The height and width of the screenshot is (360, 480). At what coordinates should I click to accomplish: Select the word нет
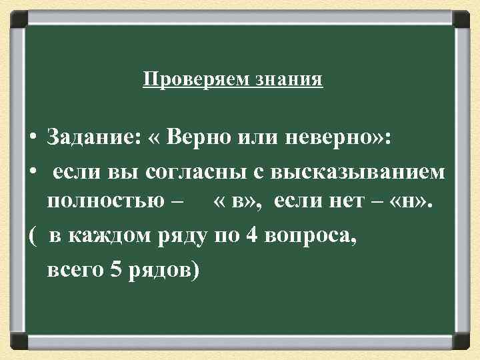coord(340,203)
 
